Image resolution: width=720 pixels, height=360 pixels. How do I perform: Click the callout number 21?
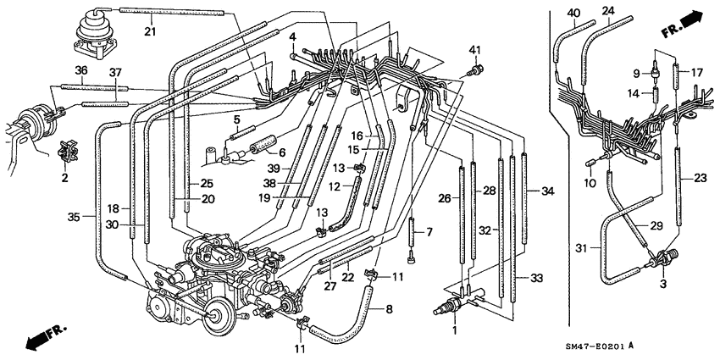pyautogui.click(x=151, y=32)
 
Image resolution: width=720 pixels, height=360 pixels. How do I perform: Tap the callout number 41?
pyautogui.click(x=474, y=49)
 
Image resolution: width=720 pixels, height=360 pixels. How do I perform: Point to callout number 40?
pyautogui.click(x=574, y=12)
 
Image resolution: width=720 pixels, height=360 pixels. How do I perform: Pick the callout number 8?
pyautogui.click(x=389, y=310)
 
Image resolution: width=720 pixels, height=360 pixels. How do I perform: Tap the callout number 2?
pyautogui.click(x=64, y=178)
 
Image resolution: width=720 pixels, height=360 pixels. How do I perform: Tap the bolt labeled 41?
pyautogui.click(x=479, y=68)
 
